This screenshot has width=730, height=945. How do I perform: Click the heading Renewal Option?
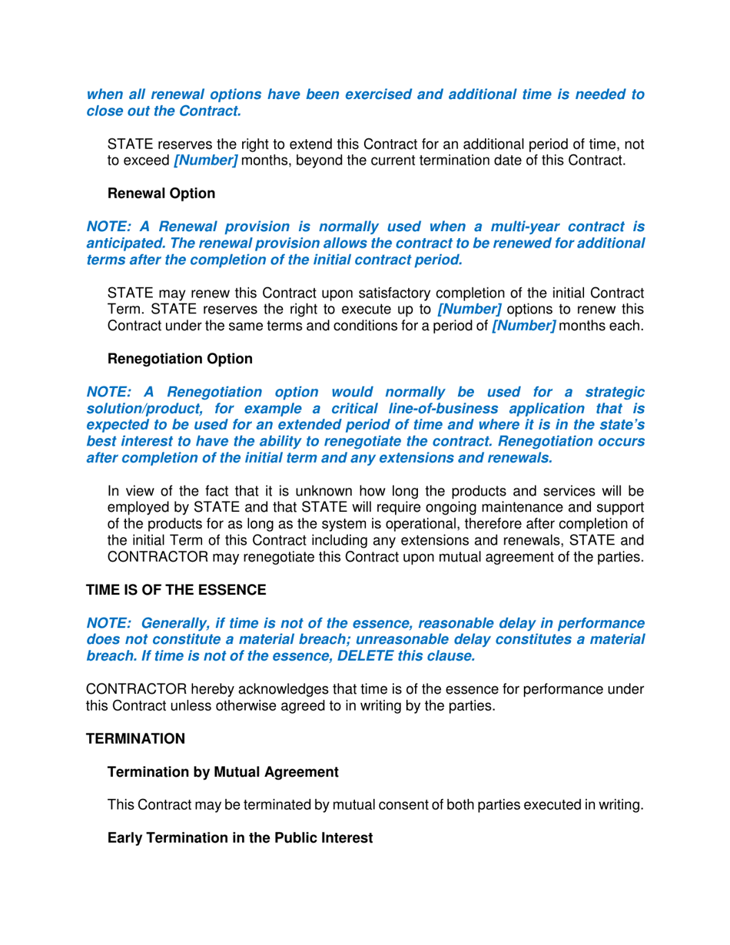pyautogui.click(x=161, y=194)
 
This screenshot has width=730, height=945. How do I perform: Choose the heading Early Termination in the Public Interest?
pyautogui.click(x=240, y=838)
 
